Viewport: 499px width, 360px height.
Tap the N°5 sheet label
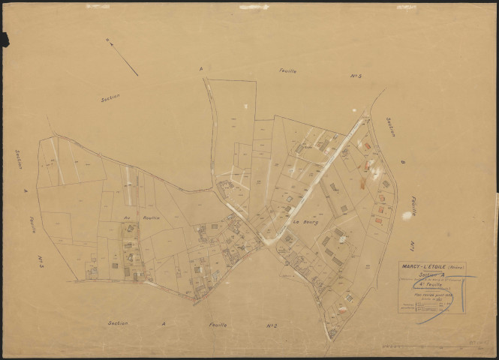click(x=356, y=76)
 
